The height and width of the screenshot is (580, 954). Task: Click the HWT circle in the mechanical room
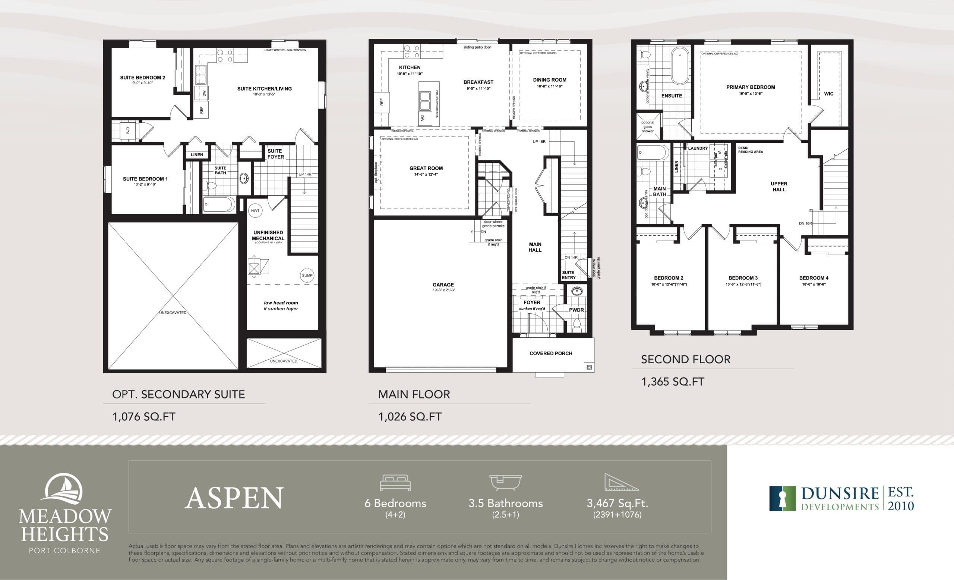coord(255,211)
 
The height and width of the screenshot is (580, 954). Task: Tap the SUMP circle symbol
coord(307,276)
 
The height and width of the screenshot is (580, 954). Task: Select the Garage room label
coord(443,285)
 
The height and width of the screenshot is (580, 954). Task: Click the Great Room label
coord(426,168)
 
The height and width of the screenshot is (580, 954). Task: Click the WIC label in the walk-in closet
coord(828,94)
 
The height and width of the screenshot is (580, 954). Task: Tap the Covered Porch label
coord(550,353)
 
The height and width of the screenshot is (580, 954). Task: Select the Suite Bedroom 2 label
coord(142,78)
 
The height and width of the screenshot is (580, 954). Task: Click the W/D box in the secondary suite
coord(128,131)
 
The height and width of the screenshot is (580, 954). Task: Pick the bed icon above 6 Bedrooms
coord(395,483)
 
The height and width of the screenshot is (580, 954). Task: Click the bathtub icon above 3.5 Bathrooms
coord(505,482)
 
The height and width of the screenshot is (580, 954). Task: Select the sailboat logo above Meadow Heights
coord(64,490)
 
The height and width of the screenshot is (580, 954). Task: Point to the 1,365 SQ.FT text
coord(673,382)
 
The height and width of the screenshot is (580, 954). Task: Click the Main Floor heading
coord(414,395)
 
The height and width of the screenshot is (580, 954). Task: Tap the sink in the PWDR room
coord(577,291)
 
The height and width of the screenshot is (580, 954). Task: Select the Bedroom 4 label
coord(814,278)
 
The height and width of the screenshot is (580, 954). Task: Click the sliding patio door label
coord(477,47)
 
